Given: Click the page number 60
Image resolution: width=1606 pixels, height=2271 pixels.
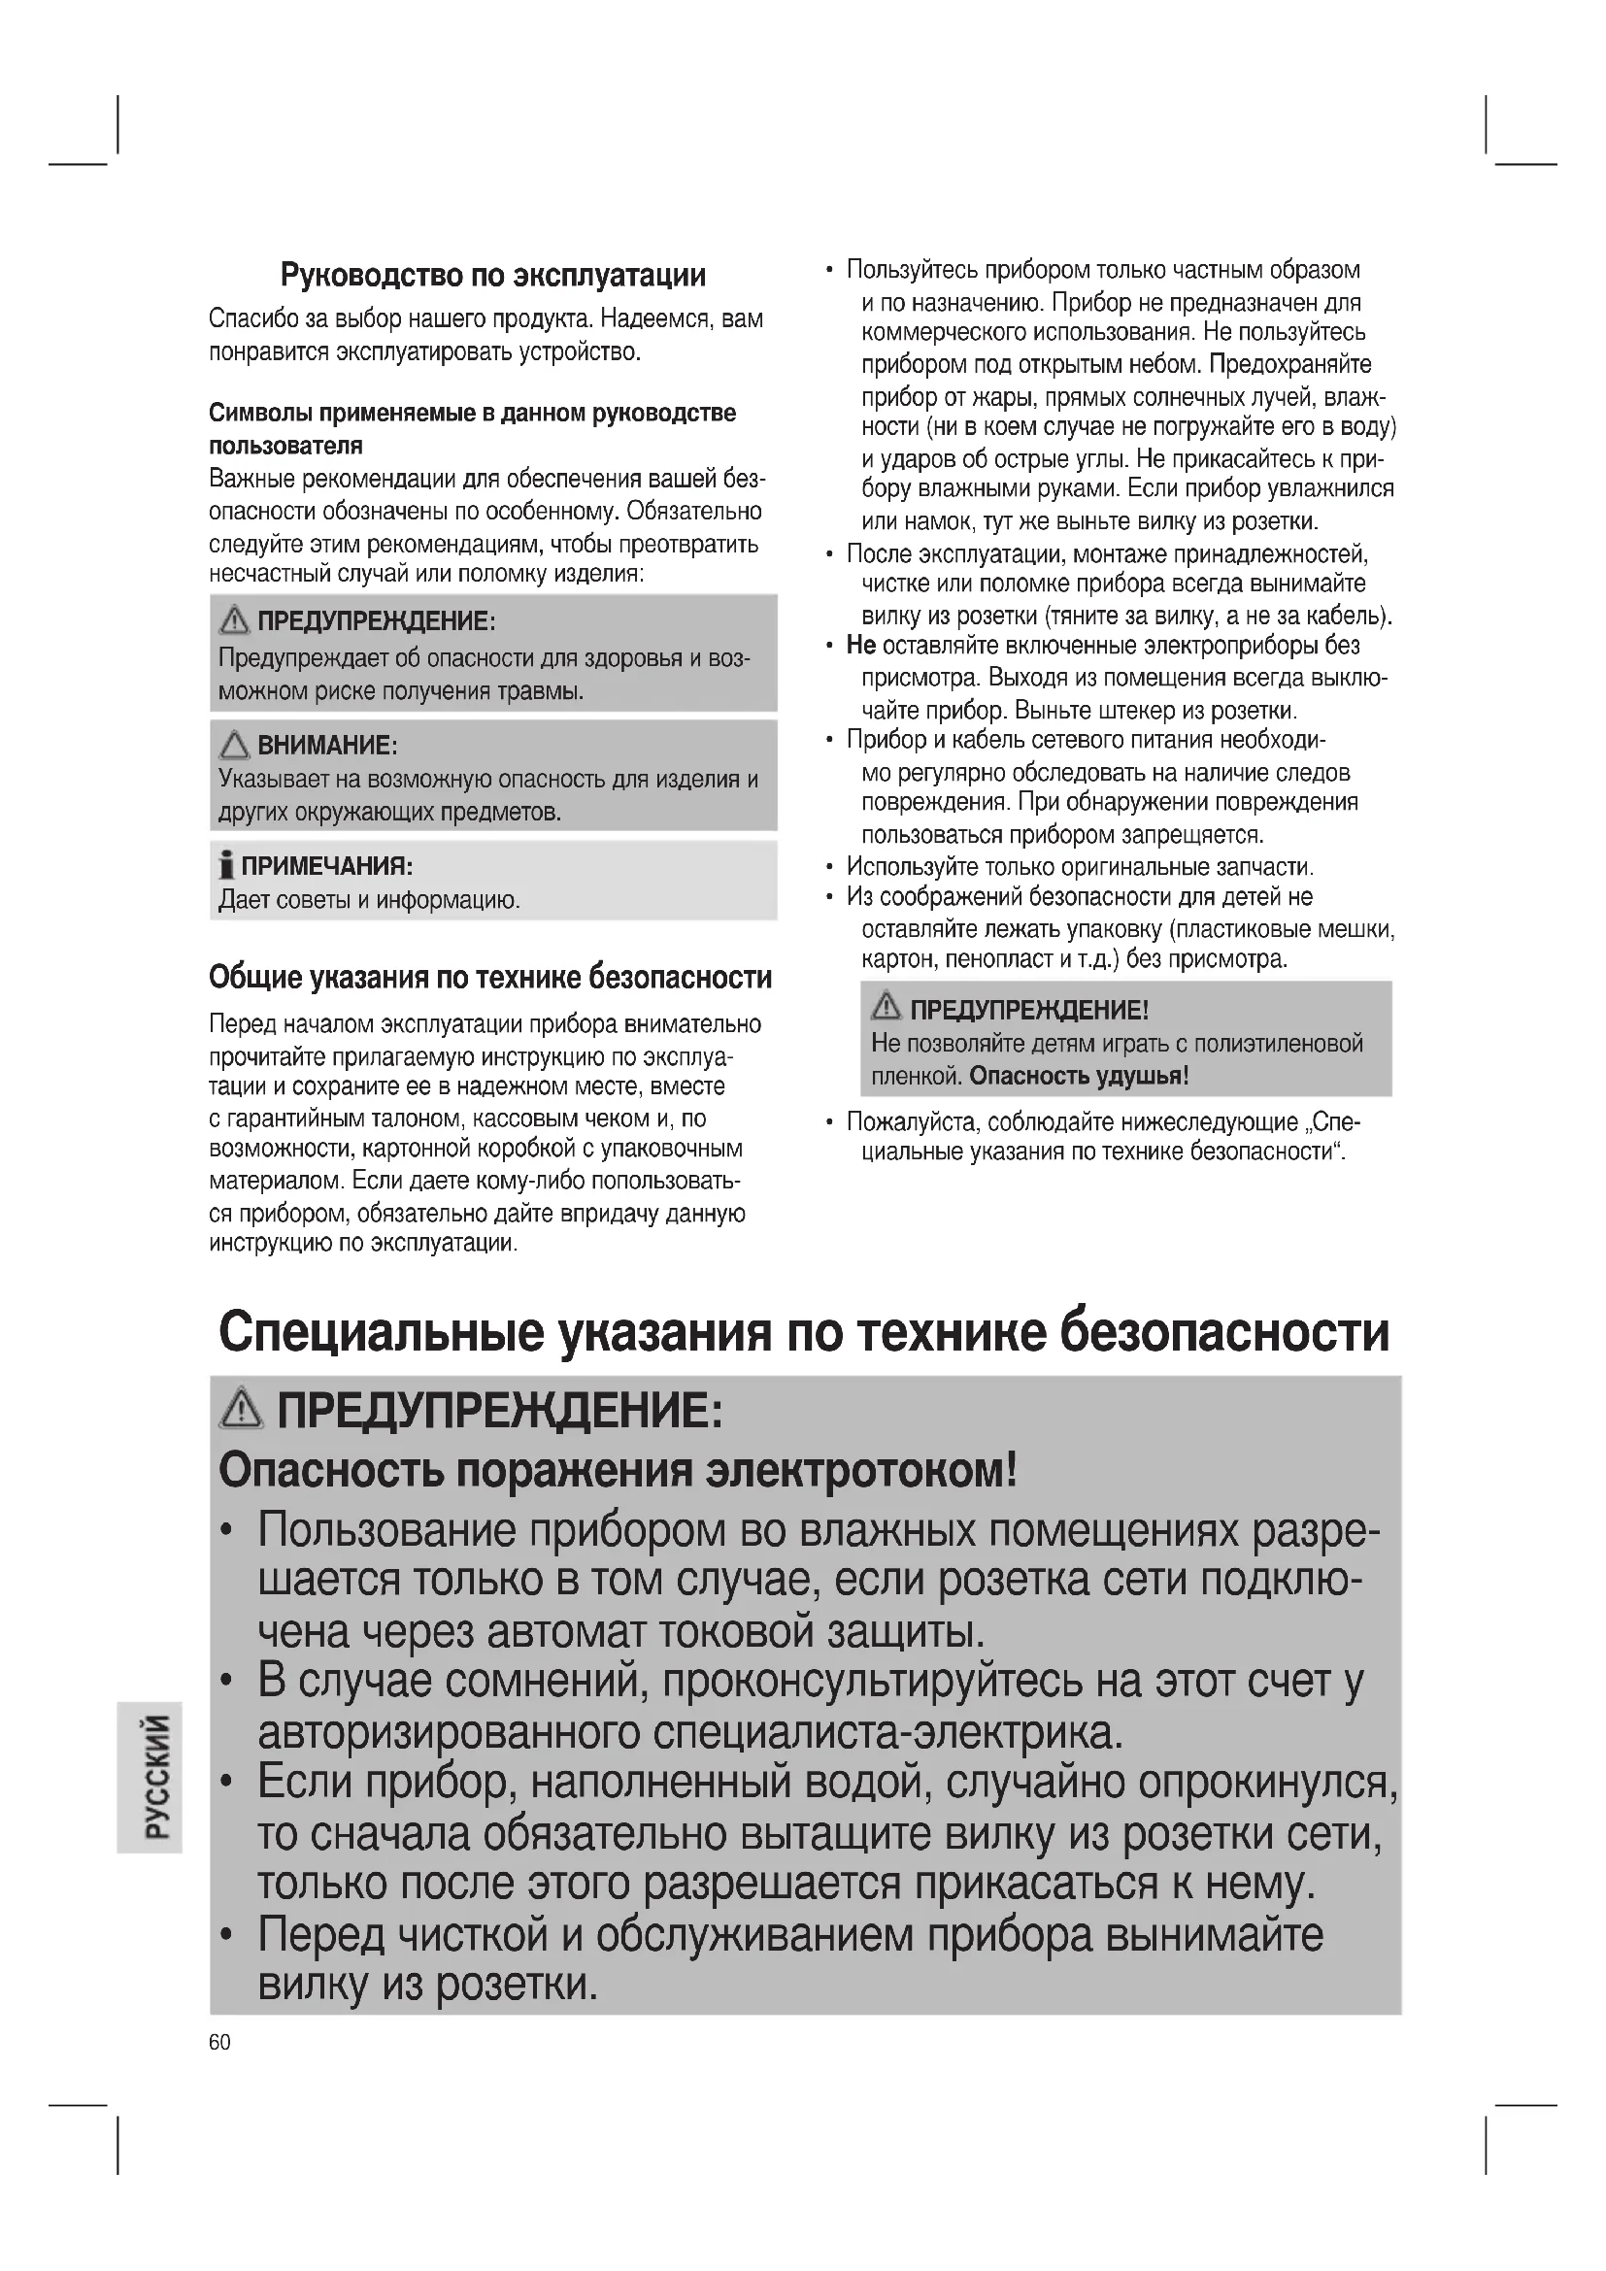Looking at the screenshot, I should [x=219, y=2043].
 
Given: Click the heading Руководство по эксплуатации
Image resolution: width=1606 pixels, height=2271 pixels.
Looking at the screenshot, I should [x=493, y=274].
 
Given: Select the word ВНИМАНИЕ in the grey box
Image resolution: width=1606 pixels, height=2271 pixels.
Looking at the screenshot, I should [x=326, y=745].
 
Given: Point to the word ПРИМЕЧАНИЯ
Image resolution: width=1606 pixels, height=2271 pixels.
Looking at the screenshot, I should [x=326, y=866].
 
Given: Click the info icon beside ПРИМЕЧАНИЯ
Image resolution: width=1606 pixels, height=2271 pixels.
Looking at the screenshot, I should [x=226, y=867].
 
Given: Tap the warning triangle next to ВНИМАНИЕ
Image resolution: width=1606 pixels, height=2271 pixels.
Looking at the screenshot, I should [x=234, y=744].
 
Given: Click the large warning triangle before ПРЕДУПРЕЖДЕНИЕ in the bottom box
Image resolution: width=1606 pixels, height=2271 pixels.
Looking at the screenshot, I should [x=243, y=1410].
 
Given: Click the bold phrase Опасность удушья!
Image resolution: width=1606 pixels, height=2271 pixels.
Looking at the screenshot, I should [x=1079, y=1075].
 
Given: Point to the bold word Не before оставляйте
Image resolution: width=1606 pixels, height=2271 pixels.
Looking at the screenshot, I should [x=861, y=646].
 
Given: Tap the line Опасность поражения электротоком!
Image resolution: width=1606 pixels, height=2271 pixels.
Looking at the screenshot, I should [x=618, y=1472].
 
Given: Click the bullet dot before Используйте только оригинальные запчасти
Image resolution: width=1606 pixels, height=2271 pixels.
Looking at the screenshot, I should [x=829, y=867].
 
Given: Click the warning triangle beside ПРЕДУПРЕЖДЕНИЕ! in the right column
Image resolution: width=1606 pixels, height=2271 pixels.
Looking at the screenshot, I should [x=887, y=1008].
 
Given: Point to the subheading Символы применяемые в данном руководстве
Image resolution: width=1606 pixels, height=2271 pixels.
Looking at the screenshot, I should [x=473, y=413].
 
